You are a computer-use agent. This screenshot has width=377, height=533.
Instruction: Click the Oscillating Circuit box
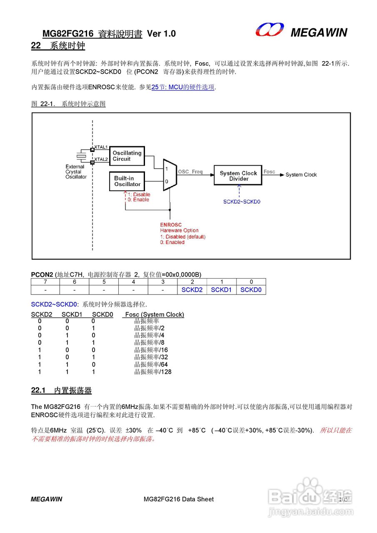point(127,156)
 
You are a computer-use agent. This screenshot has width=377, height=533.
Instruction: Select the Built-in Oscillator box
point(127,181)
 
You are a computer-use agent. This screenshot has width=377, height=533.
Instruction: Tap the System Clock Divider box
point(238,176)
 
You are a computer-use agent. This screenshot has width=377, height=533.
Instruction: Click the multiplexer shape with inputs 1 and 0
point(170,175)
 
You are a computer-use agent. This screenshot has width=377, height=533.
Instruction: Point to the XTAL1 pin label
point(101,147)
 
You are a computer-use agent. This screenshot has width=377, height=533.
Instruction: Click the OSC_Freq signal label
point(190,172)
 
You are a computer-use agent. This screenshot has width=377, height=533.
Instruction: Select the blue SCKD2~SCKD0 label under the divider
point(242,202)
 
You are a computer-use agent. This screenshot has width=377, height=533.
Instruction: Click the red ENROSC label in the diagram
point(171,225)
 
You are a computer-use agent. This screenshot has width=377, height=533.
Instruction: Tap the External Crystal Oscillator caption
point(76,172)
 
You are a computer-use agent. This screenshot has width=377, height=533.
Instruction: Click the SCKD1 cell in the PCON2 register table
point(221,290)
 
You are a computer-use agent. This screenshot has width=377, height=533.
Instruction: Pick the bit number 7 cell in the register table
point(45,282)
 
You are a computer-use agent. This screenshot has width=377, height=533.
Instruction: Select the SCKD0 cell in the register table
point(251,290)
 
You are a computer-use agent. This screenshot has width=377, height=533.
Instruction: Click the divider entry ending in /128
point(153,372)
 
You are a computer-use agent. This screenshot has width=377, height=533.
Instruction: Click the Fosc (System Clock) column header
point(155,314)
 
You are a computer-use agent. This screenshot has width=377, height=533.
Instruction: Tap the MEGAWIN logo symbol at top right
point(270,30)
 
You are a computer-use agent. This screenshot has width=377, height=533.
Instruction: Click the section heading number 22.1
point(38,391)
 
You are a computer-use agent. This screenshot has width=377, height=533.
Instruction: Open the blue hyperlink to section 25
point(183,87)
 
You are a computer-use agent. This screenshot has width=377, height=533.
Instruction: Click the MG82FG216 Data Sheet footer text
point(178,499)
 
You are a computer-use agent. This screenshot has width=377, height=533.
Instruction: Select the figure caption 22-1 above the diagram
point(68,104)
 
